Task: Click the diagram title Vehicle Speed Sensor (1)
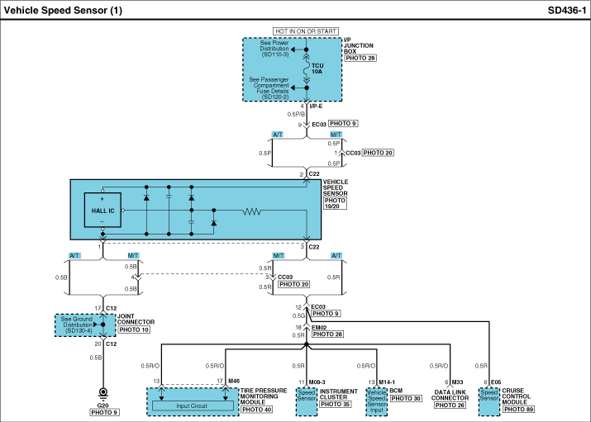(64, 11)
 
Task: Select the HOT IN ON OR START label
(306, 31)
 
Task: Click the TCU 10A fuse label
(318, 69)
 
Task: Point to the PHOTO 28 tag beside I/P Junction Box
(360, 59)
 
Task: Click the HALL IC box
(103, 211)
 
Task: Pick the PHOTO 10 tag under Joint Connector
(133, 330)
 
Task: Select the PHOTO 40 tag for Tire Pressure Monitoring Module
(257, 410)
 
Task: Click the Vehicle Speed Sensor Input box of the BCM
(376, 400)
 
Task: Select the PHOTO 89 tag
(518, 410)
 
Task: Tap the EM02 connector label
(319, 327)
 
